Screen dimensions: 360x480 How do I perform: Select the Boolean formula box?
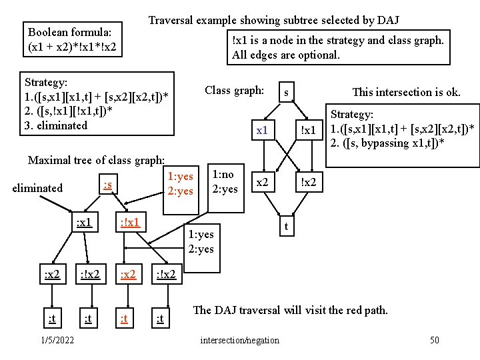point(71,39)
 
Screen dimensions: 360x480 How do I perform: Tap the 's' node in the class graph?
point(286,92)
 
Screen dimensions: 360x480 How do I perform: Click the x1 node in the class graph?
point(262,130)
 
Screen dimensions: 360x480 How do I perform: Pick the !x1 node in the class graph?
point(308,130)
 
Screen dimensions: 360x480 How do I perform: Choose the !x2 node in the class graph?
point(308,182)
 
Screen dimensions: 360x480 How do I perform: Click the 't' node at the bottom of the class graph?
point(286,227)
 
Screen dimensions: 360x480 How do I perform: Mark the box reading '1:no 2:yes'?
point(224,181)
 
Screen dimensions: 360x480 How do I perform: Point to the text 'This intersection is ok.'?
point(406,92)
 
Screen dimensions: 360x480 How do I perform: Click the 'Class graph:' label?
point(235,90)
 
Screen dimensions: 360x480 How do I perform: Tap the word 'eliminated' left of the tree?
point(37,188)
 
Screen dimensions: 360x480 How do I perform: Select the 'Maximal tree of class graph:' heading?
point(96,160)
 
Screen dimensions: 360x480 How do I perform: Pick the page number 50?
point(434,341)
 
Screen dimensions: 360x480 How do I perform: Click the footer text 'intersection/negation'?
point(240,341)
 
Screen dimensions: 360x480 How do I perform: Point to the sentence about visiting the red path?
point(291,310)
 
